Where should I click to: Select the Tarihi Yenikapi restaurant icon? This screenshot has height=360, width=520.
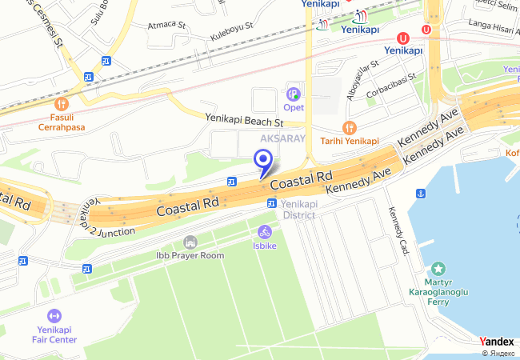[x=349, y=127]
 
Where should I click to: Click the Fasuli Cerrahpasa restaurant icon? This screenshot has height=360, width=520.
[x=61, y=104]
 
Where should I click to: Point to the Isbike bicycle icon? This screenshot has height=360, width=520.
[x=264, y=232]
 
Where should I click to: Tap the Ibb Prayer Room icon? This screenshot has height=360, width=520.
[x=190, y=242]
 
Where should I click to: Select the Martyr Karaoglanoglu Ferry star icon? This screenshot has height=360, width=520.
[x=438, y=269]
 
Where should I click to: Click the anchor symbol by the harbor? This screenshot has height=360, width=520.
[x=420, y=194]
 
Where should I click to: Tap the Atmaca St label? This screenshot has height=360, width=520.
[x=166, y=26]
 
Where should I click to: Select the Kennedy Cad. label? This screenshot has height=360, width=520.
[x=398, y=231]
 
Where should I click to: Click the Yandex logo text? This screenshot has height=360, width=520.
[x=497, y=342]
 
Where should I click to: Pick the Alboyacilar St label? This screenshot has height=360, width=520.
[x=362, y=77]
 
